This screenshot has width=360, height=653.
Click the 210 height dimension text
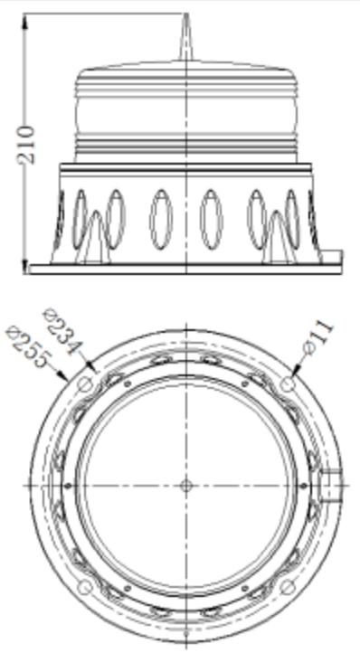(27, 143)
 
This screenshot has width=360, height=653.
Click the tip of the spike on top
(185, 16)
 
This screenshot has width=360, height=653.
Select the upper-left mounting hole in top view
(85, 384)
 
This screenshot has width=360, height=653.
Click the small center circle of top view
(185, 485)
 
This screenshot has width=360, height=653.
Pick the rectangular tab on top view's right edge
(336, 485)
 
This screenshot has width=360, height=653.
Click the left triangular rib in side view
(93, 239)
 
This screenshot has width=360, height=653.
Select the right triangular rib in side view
(276, 239)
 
